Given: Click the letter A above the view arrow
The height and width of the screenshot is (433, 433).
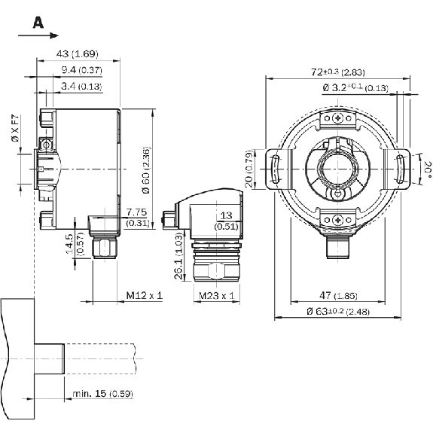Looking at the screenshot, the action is point(38,23).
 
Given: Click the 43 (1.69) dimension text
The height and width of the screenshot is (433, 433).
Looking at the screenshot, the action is point(78,53).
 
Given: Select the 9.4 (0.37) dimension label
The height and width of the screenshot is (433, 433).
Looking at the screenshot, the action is point(82,70).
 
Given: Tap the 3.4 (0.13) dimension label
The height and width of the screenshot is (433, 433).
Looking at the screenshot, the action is point(81,87).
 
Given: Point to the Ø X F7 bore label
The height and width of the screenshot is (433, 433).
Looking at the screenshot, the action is point(16,128).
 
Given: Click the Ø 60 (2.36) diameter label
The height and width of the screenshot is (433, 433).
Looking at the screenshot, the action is point(146,170).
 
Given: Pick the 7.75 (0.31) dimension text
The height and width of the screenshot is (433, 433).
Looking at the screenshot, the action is point(137,217).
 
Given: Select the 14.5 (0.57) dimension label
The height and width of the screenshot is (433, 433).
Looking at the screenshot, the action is point(75,244).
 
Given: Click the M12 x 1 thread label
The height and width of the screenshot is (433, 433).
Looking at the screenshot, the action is point(145,295).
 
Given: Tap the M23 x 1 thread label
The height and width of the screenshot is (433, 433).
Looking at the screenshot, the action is point(217,296).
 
